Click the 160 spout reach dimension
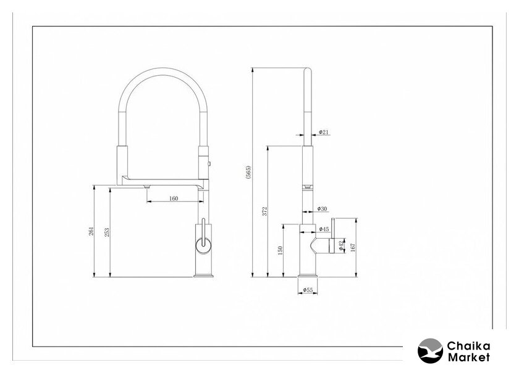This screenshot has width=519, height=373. click(174, 199)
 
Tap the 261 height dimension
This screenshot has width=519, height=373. click(91, 231)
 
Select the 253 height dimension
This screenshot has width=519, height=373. click(106, 232)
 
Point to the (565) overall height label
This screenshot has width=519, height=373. click(248, 172)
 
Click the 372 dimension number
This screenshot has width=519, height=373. click(264, 211)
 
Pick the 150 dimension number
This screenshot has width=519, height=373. click(280, 250)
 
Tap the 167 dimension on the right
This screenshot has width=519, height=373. click(353, 247)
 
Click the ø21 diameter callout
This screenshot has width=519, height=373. click(324, 132)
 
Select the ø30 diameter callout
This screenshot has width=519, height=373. click(322, 209)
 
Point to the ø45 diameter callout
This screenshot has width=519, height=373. click(324, 229)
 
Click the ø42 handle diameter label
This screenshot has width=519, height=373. click(341, 245)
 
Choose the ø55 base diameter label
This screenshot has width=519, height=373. click(308, 290)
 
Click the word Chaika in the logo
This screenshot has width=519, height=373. click(468, 346)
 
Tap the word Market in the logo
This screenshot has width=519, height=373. click(468, 357)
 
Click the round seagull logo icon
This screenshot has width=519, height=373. click(430, 351)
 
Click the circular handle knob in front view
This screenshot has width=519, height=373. click(203, 245)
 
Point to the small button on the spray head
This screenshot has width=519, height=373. click(209, 163)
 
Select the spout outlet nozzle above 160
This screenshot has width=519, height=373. click(147, 187)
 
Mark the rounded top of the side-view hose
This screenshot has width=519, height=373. click(308, 70)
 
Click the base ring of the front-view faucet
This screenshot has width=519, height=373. click(203, 275)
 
